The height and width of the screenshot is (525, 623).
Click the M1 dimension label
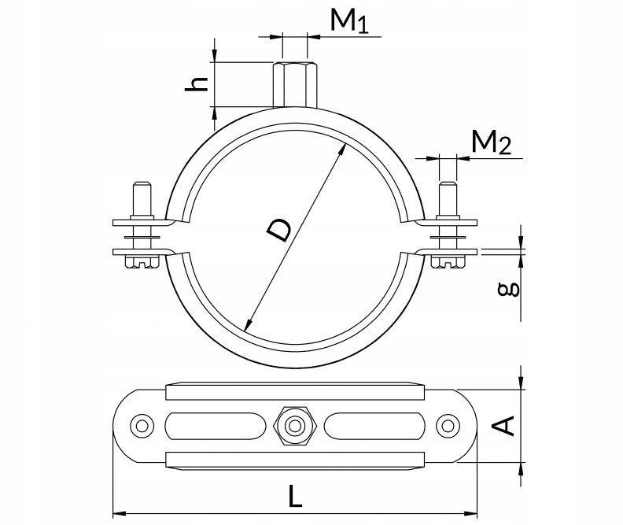[349, 20]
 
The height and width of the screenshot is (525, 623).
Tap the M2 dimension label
[491, 142]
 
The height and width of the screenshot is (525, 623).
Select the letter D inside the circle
[279, 231]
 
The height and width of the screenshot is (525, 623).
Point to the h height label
[197, 84]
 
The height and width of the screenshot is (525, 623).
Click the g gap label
[509, 290]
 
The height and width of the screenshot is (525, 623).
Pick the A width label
[503, 426]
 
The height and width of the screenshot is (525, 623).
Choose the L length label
[295, 496]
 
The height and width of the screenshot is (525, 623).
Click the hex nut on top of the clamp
[295, 84]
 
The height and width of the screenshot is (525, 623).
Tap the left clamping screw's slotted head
[142, 262]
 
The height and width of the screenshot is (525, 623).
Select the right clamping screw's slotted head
[448, 262]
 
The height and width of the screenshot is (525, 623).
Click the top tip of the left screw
[142, 182]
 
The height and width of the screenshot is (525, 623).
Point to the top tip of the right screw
[448, 182]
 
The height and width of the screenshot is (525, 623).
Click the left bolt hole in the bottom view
[142, 426]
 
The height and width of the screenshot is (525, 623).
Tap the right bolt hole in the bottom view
[448, 426]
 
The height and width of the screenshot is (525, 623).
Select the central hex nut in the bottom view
[295, 426]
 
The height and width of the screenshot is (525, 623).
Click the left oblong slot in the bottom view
[216, 426]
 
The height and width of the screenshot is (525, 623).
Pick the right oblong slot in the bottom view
[374, 426]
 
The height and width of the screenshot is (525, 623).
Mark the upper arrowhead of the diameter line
[342, 150]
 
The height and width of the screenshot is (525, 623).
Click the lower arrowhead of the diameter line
[249, 325]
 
